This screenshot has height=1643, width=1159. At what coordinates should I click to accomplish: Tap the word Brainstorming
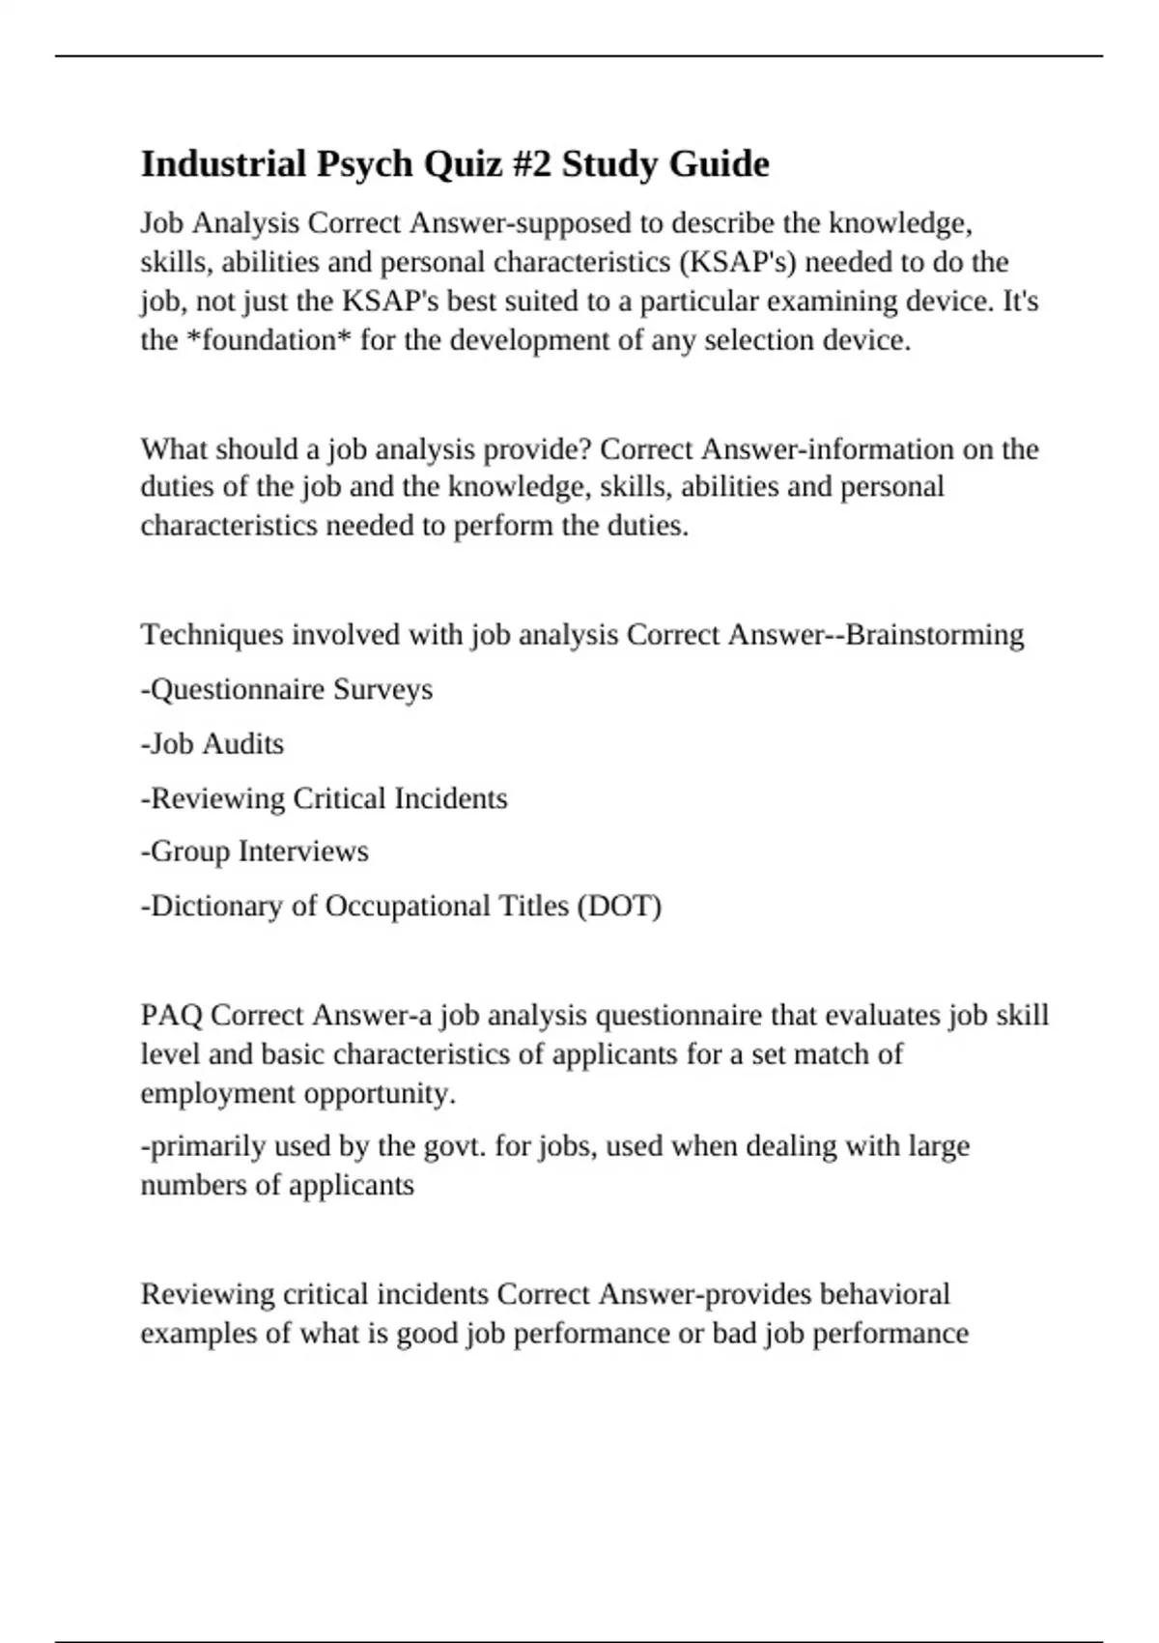935,635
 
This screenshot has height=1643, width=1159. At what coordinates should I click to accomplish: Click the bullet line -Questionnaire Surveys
287,690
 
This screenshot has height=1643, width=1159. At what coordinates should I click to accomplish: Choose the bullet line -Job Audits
212,744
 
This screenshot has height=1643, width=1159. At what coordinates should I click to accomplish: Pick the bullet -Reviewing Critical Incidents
324,798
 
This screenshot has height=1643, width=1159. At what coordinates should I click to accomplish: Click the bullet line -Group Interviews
255,851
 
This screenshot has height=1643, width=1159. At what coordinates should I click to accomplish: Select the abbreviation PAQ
171,1016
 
